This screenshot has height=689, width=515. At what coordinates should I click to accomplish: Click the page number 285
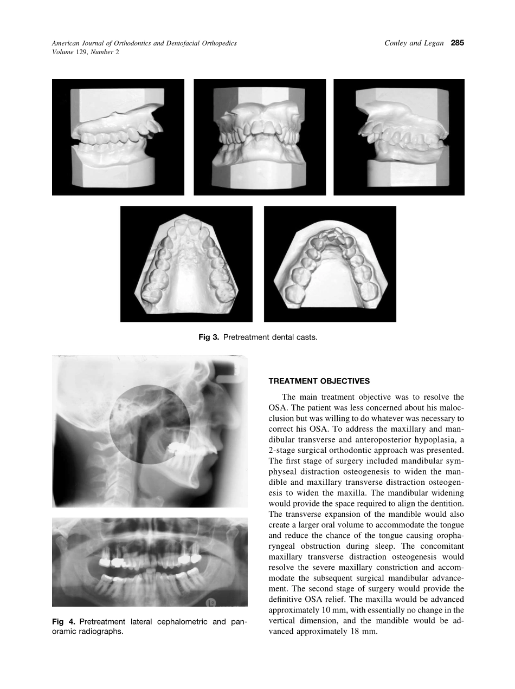[458, 43]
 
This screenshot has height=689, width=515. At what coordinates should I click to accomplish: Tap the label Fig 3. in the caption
[209, 337]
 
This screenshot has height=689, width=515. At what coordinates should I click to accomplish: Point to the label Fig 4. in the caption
[63, 621]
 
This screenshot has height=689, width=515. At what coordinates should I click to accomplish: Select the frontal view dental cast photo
[260, 137]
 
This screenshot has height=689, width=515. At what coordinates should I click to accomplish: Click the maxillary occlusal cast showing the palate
[186, 264]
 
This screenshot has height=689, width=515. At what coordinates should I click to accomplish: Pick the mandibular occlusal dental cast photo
[330, 264]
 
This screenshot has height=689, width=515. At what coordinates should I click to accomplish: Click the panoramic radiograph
[150, 562]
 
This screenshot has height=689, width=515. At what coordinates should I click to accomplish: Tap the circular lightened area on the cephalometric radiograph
[149, 424]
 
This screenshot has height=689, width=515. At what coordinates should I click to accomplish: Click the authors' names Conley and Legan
[410, 43]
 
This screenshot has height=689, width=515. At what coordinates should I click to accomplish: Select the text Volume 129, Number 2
[85, 52]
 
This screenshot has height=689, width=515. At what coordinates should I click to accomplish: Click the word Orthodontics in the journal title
[131, 43]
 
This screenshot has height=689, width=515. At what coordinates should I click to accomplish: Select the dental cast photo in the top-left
[118, 137]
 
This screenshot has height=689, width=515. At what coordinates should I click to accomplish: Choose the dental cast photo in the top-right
[399, 137]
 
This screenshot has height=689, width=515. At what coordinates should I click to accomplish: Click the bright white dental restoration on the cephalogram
[179, 447]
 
